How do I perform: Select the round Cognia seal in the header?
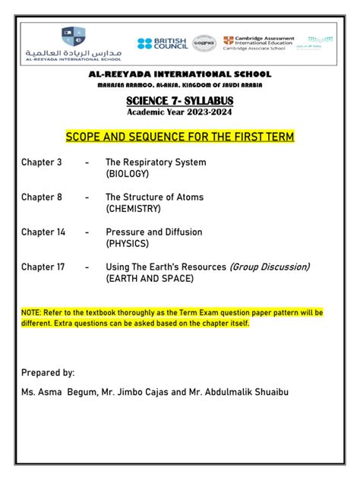click(204, 43)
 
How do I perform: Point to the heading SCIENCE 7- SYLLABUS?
click(180, 100)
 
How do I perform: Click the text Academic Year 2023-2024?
click(180, 112)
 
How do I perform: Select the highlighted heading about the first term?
click(180, 137)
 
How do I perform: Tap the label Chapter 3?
click(42, 163)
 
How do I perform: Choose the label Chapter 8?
click(42, 197)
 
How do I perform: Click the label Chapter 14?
click(44, 232)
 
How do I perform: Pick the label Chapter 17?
click(44, 267)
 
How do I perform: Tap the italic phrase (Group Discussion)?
click(270, 267)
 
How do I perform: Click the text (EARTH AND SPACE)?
click(150, 278)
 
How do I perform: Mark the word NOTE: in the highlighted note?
click(33, 312)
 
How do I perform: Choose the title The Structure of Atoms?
click(154, 197)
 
